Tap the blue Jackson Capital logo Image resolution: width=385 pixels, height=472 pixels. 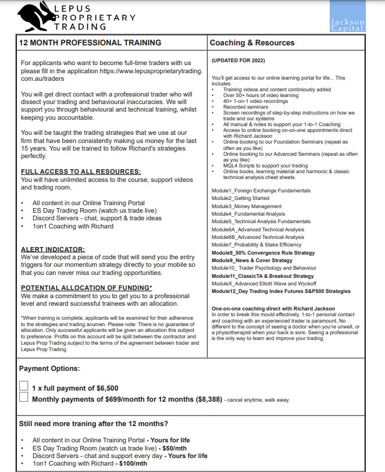(347, 17)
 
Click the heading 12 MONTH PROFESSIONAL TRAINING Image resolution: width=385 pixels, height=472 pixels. (90, 43)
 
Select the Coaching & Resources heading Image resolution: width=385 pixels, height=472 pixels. (252, 43)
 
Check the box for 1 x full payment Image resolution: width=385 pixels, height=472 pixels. (24, 385)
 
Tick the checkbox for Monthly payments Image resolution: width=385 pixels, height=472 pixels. (24, 398)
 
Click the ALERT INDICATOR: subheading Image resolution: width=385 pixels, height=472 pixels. (53, 249)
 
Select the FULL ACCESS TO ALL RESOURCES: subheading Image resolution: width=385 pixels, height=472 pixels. (81, 171)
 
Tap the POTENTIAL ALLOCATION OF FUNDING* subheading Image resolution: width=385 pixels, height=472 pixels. (87, 288)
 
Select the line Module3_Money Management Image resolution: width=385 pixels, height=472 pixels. (246, 206)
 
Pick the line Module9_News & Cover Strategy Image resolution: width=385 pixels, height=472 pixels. (252, 260)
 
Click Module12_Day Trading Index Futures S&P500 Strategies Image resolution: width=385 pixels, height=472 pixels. (281, 291)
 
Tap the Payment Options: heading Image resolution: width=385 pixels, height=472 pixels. (49, 369)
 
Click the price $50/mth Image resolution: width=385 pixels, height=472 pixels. (174, 448)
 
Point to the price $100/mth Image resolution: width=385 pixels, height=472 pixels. (131, 463)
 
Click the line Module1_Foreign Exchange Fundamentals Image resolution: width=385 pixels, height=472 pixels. (261, 191)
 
